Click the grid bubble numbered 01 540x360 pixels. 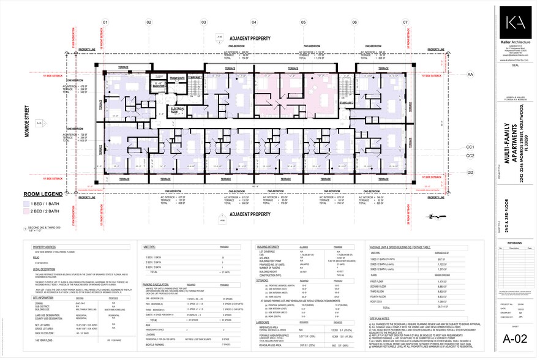[x=105, y=23]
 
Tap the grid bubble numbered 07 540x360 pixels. [x=405, y=23]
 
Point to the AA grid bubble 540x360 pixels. [x=470, y=74]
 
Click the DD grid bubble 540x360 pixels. [x=470, y=173]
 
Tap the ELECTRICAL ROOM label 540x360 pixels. [x=178, y=111]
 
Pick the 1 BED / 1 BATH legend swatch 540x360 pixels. [x=26, y=203]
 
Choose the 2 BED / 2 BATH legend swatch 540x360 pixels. [x=26, y=211]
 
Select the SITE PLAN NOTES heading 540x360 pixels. [x=381, y=319]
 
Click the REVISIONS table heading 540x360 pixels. [x=514, y=242]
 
